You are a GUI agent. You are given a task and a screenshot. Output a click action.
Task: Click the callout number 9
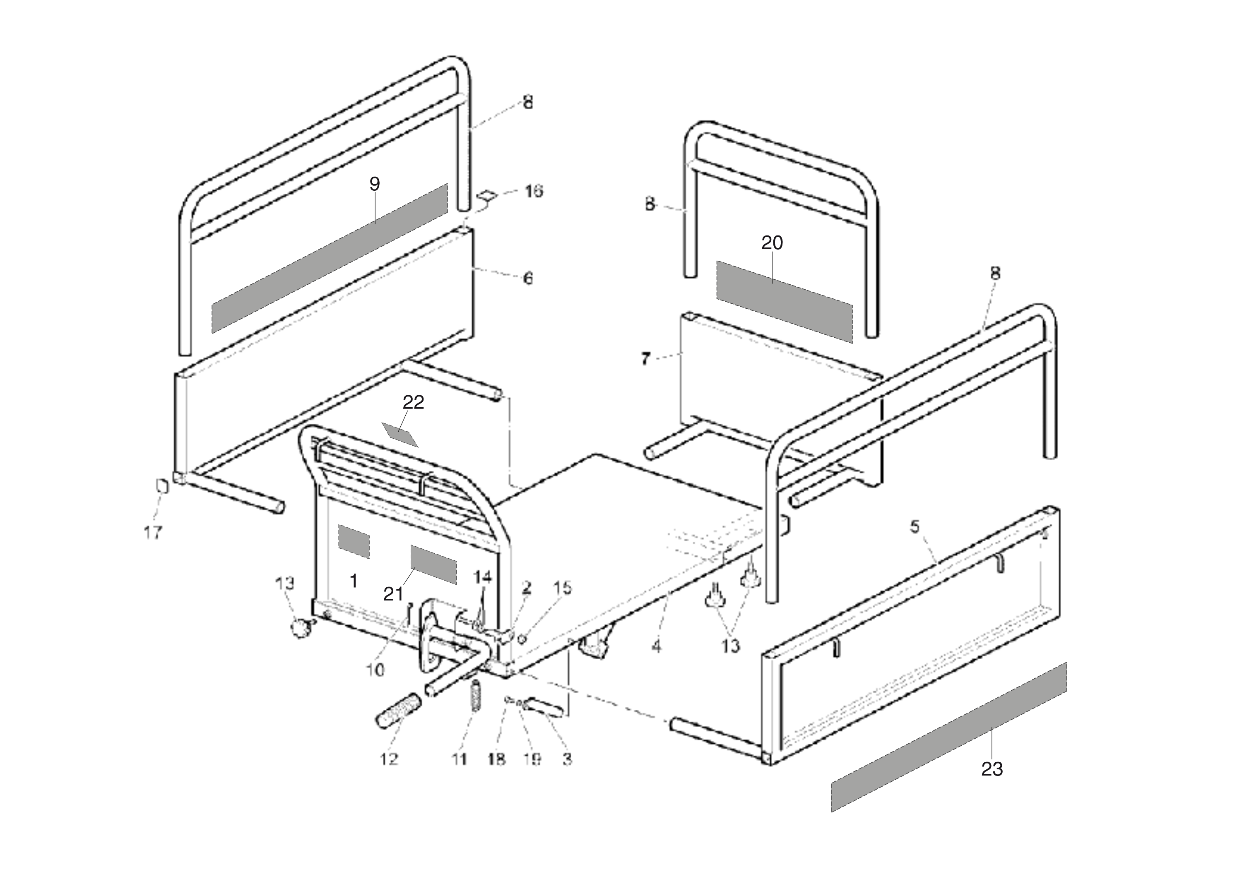coord(375,184)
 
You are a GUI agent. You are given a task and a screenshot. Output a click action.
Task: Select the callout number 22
coord(413,402)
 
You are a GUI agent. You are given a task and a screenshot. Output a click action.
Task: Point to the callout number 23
coord(992,769)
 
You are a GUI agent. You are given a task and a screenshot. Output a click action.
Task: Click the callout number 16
coord(534,191)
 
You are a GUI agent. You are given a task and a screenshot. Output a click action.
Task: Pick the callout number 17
coord(153,533)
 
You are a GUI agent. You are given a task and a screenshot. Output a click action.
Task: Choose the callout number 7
coord(645,358)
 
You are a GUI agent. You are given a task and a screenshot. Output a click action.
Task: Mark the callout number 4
coord(656,646)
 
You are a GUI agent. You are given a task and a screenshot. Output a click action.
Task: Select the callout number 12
coord(389,759)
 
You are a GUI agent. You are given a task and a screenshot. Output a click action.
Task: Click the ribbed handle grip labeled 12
coord(398,708)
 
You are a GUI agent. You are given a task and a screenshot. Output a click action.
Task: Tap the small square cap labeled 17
coord(162,485)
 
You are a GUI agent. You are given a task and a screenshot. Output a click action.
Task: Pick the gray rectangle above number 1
coord(354,541)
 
